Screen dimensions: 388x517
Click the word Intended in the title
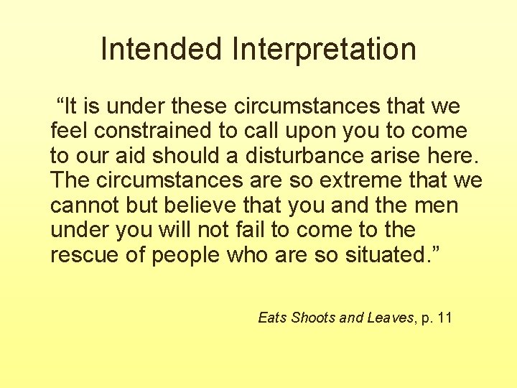(162, 50)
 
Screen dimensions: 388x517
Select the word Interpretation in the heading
(324, 50)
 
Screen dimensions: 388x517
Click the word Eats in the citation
(272, 318)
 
